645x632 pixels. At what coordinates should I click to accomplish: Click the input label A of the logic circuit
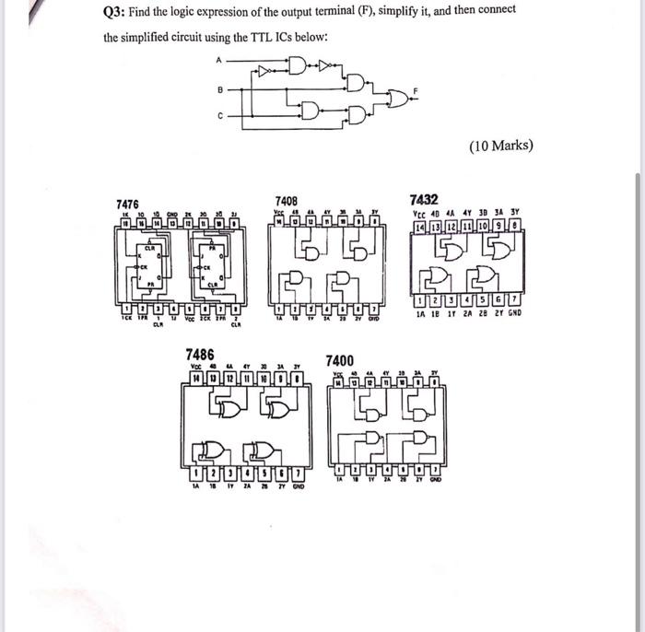pyautogui.click(x=219, y=61)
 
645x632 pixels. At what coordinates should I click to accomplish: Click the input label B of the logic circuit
pyautogui.click(x=219, y=90)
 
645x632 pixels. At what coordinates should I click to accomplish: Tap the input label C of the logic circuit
pyautogui.click(x=219, y=116)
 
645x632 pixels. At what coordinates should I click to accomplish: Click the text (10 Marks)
pyautogui.click(x=501, y=146)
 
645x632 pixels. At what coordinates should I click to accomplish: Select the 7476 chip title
pyautogui.click(x=127, y=203)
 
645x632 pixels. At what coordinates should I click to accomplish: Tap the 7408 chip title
pyautogui.click(x=287, y=200)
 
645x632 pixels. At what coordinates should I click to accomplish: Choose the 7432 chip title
pyautogui.click(x=426, y=198)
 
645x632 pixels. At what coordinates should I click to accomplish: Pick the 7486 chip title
pyautogui.click(x=200, y=354)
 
